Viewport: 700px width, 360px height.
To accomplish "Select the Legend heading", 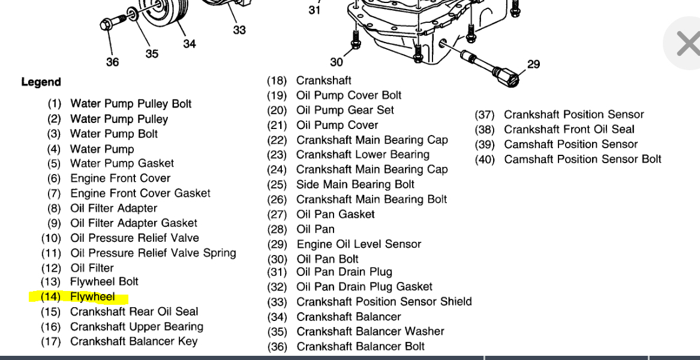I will [x=41, y=82].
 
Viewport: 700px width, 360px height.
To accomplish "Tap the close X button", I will [x=687, y=43].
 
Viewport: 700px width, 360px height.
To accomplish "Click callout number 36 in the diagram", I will [x=112, y=62].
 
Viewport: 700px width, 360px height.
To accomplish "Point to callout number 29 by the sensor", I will [x=533, y=64].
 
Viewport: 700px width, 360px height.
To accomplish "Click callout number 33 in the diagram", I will [x=239, y=30].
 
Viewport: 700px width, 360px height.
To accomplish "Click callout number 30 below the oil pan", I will [x=337, y=62].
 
